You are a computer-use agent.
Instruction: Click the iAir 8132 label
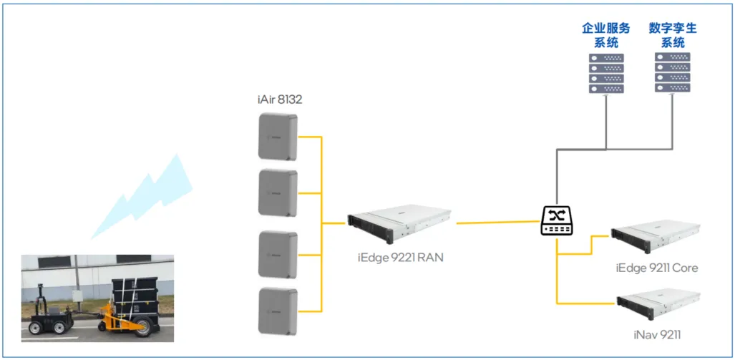[x=278, y=99]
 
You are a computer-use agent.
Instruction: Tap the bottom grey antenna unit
[x=278, y=310]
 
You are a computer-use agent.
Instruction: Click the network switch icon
[x=557, y=220]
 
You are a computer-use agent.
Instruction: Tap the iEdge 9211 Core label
[x=656, y=268]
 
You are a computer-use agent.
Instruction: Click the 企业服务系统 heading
[x=605, y=35]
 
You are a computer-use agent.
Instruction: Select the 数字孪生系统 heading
[x=672, y=35]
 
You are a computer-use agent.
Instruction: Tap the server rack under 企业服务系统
[x=605, y=73]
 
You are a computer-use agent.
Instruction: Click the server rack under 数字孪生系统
[x=672, y=73]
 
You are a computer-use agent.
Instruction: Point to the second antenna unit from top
[x=278, y=193]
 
